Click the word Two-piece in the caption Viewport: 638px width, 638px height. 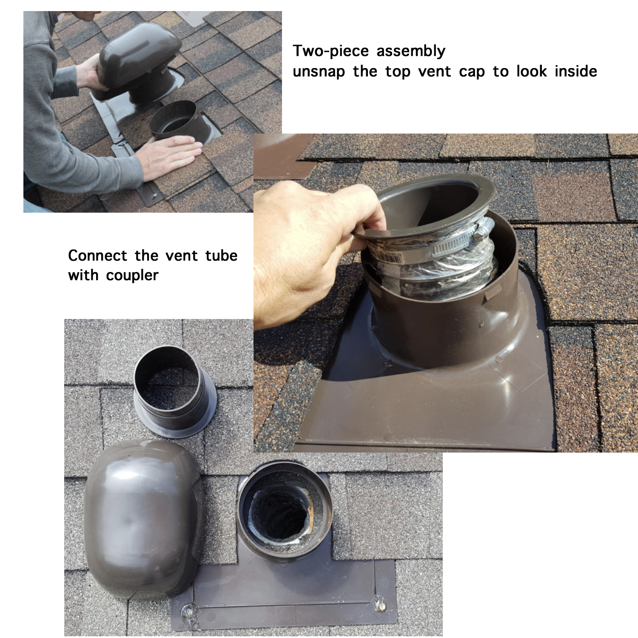pos(330,51)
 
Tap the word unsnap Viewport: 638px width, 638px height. pos(319,72)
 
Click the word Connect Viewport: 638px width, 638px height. pos(97,256)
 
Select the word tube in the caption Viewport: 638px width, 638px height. pos(221,256)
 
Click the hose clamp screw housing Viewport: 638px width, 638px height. pos(484,230)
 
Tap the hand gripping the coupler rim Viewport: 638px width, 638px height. pos(315,247)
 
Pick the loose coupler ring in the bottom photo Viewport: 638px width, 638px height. pos(174,391)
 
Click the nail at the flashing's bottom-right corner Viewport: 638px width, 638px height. pos(378,604)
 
